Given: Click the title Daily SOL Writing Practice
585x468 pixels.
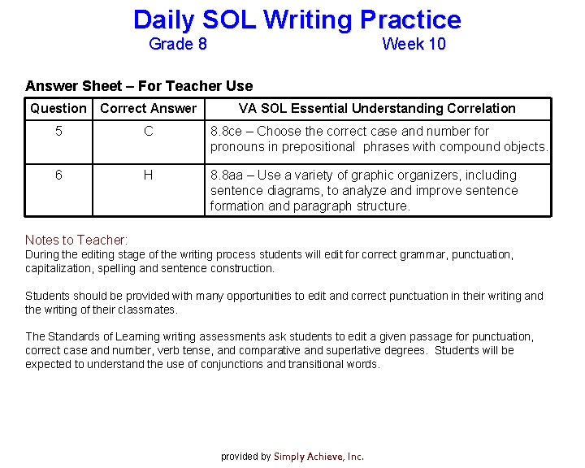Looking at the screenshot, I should click(297, 19).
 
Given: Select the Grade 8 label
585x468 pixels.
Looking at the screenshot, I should click(178, 45).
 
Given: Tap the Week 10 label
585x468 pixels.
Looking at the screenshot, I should click(414, 45).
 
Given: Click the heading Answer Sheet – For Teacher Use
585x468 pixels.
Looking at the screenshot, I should click(139, 86).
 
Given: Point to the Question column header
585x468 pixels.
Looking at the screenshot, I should click(58, 109).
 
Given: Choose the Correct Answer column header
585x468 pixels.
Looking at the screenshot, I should click(148, 109).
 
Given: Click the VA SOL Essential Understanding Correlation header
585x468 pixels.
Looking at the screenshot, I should click(376, 109).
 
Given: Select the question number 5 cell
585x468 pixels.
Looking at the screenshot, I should click(58, 131).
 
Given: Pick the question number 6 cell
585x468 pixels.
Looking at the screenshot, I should click(58, 175).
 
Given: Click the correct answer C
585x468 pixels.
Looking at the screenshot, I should click(148, 131).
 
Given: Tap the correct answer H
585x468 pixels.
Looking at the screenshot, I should click(148, 175).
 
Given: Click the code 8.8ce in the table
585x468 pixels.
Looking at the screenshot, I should click(227, 132).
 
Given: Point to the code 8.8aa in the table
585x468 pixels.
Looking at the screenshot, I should click(227, 175).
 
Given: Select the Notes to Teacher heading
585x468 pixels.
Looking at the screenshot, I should click(76, 240).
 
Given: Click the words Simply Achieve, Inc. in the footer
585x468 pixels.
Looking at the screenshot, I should click(318, 457).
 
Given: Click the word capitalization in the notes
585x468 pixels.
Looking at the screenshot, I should click(58, 268).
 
